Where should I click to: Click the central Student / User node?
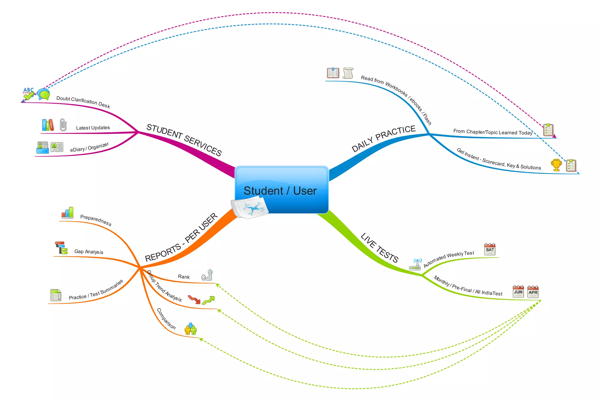click(281, 190)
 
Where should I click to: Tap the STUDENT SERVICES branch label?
click(184, 140)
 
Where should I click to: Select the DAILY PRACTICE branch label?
click(384, 138)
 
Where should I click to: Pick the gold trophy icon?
click(556, 165)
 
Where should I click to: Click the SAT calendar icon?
click(490, 249)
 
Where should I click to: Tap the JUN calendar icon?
click(518, 291)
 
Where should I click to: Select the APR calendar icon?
click(533, 292)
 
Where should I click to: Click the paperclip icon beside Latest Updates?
click(63, 125)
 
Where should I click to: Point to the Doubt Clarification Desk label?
click(83, 102)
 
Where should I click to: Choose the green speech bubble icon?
click(44, 94)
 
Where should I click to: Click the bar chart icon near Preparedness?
click(67, 213)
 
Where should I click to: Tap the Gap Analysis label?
click(89, 251)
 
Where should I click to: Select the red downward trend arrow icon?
click(194, 300)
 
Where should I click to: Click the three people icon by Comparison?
click(190, 329)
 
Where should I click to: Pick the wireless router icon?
click(415, 264)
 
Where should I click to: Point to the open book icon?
click(333, 73)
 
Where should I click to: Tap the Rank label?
click(184, 277)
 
